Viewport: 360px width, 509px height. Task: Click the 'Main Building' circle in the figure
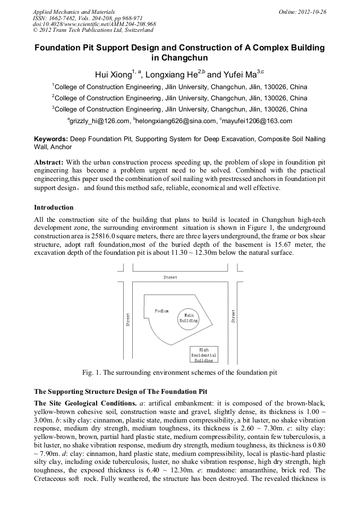[188, 318]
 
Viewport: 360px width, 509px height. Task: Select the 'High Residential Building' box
[204, 355]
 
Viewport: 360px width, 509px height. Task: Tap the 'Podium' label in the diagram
[162, 310]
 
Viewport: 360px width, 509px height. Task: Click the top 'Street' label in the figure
[170, 277]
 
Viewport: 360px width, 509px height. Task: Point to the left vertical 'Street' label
[128, 318]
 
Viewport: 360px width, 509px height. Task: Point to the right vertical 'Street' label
[233, 316]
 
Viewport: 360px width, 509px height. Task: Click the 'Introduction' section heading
[54, 207]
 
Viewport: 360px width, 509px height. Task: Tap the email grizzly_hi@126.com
[99, 121]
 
